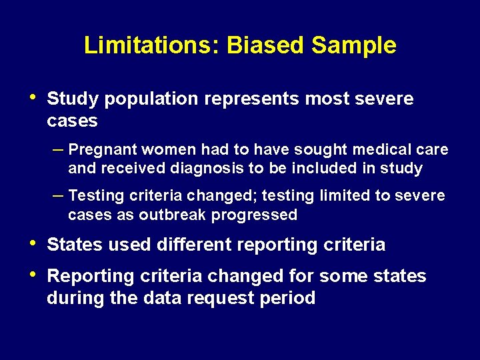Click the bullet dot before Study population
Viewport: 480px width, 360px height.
[x=34, y=98]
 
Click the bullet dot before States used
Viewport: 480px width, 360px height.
[x=34, y=243]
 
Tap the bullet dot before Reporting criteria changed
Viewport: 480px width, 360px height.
[x=34, y=275]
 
